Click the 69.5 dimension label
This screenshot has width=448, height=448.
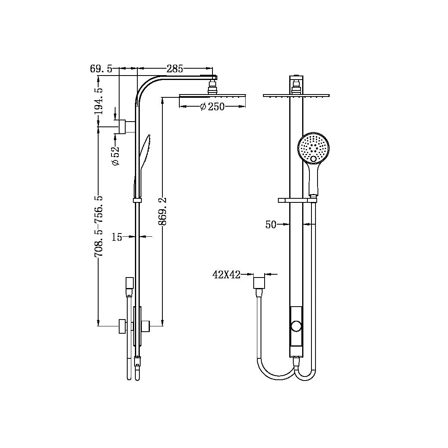101,69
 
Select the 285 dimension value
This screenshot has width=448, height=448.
175,69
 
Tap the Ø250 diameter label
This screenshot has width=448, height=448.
212,107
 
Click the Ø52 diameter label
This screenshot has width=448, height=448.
116,156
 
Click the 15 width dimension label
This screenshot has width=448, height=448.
117,237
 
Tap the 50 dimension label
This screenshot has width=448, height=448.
271,225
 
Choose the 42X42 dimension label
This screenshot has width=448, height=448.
226,275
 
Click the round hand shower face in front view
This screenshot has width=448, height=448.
314,147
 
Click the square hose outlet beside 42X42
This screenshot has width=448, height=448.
259,282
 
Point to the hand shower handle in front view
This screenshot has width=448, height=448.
314,180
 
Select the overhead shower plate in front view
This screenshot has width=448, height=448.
296,96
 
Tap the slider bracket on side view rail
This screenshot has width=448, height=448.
137,200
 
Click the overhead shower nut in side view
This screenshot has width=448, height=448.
212,88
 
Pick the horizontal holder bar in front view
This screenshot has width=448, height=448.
297,200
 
